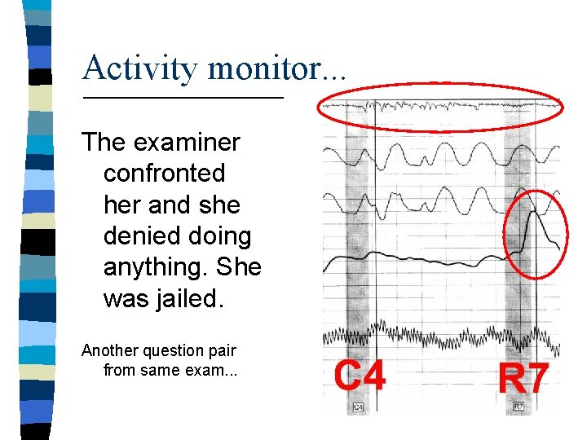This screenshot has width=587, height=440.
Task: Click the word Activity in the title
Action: (x=139, y=68)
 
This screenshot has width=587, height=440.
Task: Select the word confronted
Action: (x=164, y=174)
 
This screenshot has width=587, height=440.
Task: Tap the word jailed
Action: (x=188, y=298)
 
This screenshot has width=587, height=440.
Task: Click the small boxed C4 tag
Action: (x=358, y=407)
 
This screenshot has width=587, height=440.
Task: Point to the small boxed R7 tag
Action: (x=519, y=405)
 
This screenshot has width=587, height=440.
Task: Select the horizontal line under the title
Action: (x=183, y=99)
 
